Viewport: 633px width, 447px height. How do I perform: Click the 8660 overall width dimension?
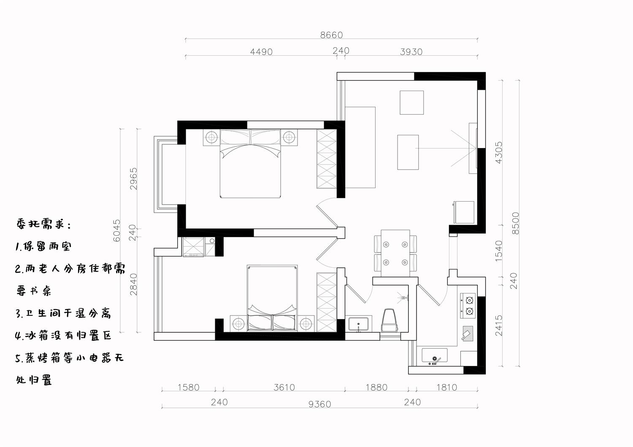click(331, 35)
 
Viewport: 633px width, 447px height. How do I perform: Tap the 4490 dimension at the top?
click(261, 52)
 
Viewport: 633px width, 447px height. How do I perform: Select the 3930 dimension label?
click(411, 52)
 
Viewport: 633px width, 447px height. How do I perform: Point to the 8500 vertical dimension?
click(516, 223)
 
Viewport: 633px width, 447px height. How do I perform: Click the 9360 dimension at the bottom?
click(319, 404)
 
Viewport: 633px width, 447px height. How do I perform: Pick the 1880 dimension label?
click(376, 388)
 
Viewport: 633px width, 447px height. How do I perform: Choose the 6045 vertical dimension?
click(116, 230)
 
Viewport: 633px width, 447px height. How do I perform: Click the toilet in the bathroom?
click(389, 320)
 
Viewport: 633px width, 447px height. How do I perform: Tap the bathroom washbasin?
click(358, 324)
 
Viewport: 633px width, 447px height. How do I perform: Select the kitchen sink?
click(435, 355)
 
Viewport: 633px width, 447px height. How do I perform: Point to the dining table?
click(395, 253)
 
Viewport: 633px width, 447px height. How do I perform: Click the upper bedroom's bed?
click(250, 164)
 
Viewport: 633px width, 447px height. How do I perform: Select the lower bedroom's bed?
click(272, 298)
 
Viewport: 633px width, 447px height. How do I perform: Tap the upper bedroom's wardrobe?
click(327, 159)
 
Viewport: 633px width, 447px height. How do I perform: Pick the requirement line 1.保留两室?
click(43, 247)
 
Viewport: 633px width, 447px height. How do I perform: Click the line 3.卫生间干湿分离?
click(63, 313)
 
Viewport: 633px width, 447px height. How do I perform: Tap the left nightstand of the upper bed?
click(211, 137)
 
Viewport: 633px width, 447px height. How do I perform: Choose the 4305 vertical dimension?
click(499, 153)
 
